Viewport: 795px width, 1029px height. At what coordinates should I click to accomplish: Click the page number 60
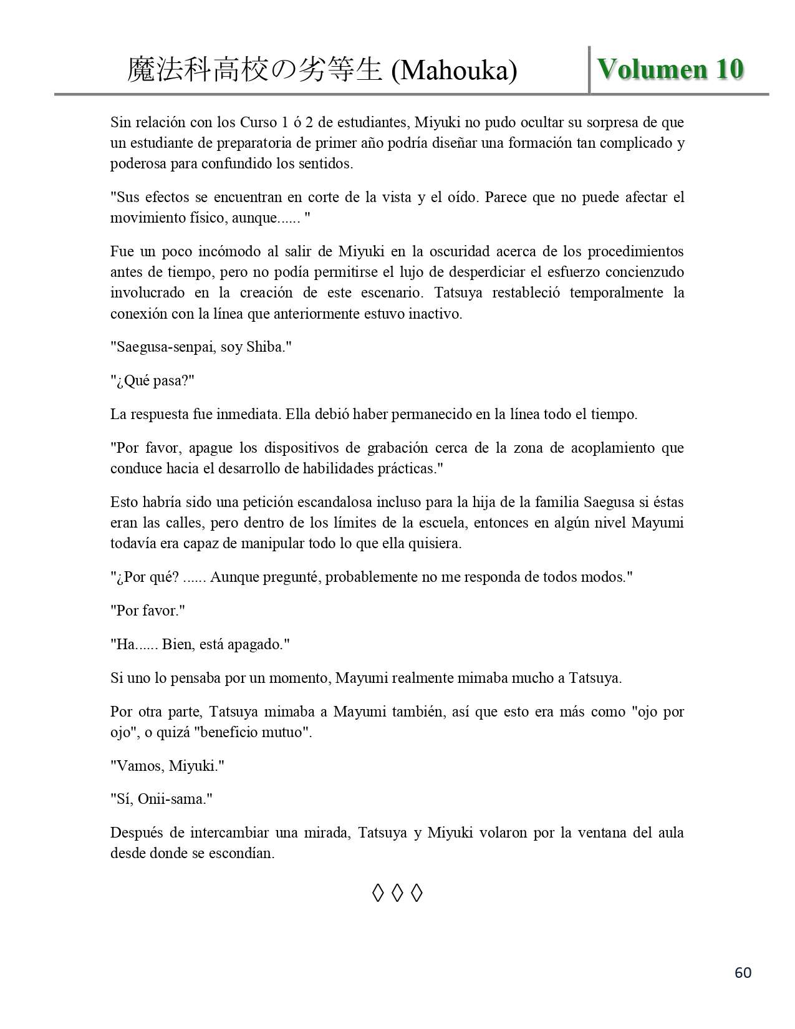743,972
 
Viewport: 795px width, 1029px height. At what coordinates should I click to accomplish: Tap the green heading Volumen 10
671,69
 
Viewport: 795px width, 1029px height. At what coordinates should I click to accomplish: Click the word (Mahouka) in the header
454,71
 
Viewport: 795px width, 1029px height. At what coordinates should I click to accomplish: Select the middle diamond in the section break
397,894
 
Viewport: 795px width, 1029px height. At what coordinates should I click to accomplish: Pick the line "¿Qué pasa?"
153,380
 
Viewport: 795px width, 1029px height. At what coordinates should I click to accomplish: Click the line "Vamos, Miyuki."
167,765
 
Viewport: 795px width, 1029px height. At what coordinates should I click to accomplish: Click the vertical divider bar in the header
589,69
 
